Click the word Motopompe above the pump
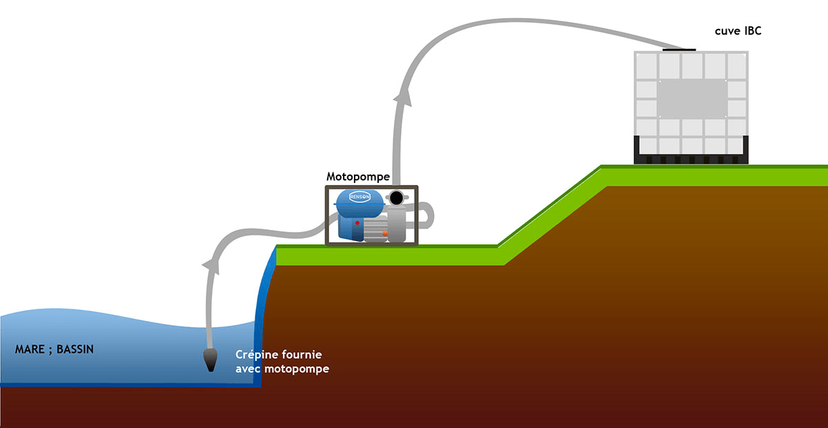(357, 177)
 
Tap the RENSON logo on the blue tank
(360, 195)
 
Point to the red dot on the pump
(357, 223)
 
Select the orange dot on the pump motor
(384, 233)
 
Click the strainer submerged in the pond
(210, 360)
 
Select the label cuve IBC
(738, 31)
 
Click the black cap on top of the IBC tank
(679, 49)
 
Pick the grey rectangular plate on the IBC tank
(691, 99)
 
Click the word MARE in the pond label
(29, 349)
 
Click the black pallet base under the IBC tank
(691, 159)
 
